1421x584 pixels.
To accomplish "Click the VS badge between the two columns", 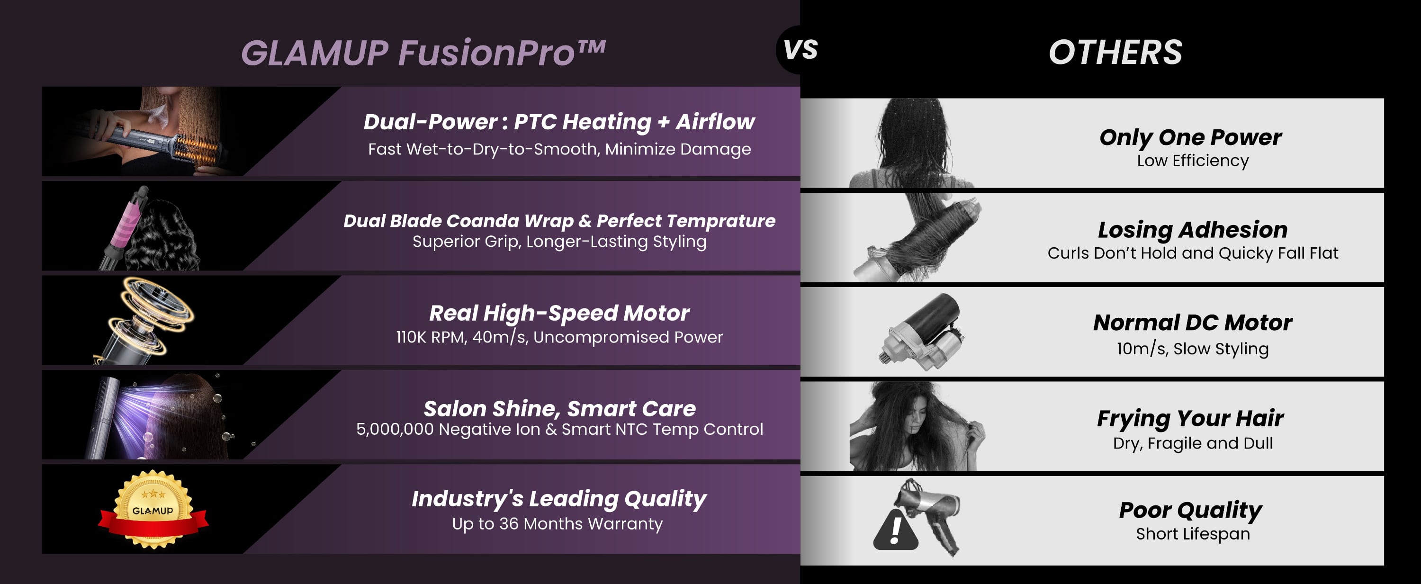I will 800,50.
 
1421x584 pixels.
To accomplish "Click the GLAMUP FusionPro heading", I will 423,53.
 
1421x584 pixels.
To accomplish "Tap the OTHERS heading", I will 1115,53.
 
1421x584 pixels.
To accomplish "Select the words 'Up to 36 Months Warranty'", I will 557,523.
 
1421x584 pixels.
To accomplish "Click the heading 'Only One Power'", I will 1190,137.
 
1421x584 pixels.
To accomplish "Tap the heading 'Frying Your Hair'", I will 1190,418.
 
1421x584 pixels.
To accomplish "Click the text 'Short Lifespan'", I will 1193,534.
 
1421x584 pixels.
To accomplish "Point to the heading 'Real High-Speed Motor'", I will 559,313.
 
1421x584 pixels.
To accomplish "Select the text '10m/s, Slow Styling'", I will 1193,349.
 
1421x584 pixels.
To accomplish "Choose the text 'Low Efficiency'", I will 1193,161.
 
